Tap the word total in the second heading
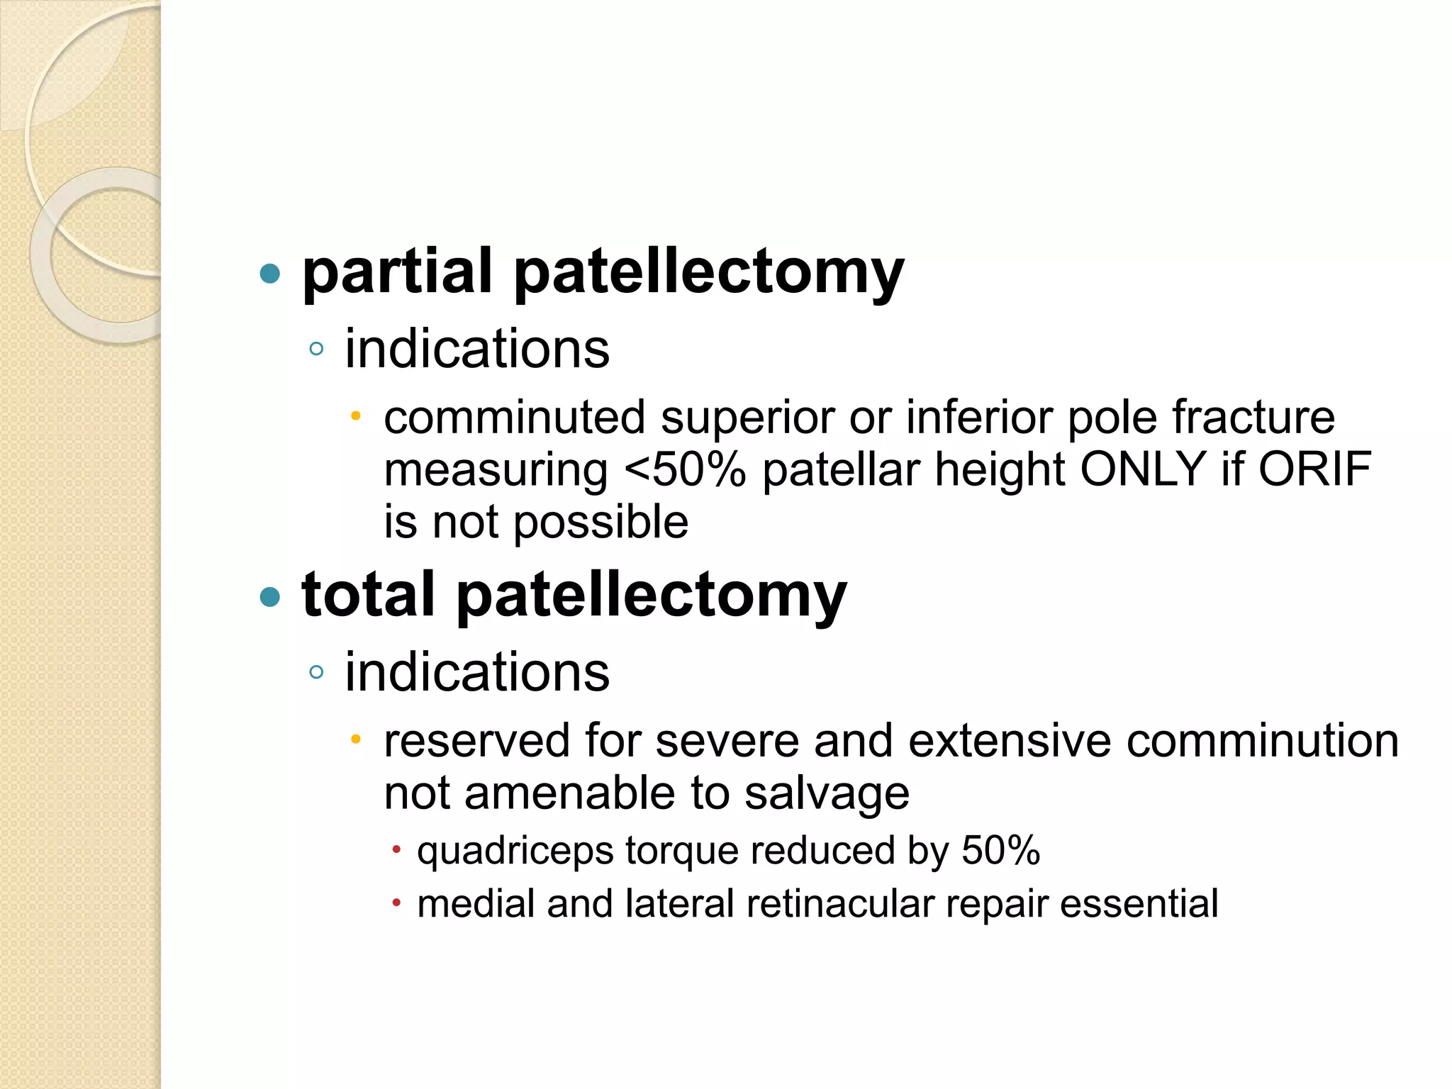point(367,596)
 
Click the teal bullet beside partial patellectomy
point(270,274)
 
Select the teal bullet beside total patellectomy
point(270,597)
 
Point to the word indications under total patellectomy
point(476,672)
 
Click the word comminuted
point(514,418)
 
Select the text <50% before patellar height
point(685,470)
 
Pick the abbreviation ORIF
point(1314,470)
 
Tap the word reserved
point(476,741)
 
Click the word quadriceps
point(515,851)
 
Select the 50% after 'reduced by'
point(1000,850)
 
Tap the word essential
point(1139,904)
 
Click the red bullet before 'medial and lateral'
point(397,903)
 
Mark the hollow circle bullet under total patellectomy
point(317,672)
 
